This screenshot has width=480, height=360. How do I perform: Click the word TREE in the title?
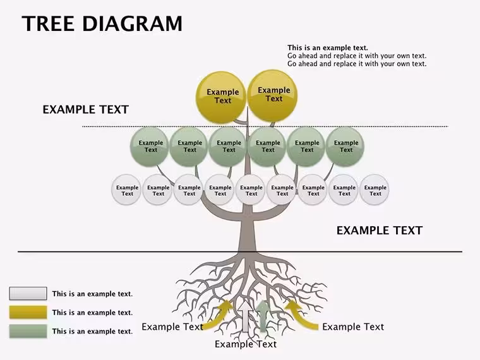[48, 23]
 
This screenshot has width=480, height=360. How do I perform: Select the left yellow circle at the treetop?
[221, 97]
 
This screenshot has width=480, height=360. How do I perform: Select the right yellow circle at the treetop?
[272, 95]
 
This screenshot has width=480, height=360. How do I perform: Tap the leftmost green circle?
[150, 147]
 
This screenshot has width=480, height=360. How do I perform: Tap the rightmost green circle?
[345, 147]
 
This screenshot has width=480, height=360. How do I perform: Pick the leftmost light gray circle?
[126, 190]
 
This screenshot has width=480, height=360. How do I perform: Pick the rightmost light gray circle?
[375, 190]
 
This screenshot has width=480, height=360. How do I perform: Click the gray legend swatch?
[28, 293]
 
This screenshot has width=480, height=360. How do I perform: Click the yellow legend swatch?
[28, 312]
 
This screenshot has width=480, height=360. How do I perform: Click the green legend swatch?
[28, 331]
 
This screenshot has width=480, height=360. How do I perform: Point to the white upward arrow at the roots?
[246, 316]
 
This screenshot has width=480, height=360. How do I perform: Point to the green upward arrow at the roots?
[262, 316]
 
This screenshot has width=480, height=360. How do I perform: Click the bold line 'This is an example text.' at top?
[328, 48]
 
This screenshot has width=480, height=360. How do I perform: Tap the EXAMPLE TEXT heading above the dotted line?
[85, 110]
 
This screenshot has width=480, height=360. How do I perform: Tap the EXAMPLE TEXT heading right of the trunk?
[380, 231]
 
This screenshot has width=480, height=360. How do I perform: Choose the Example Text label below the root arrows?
[246, 344]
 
